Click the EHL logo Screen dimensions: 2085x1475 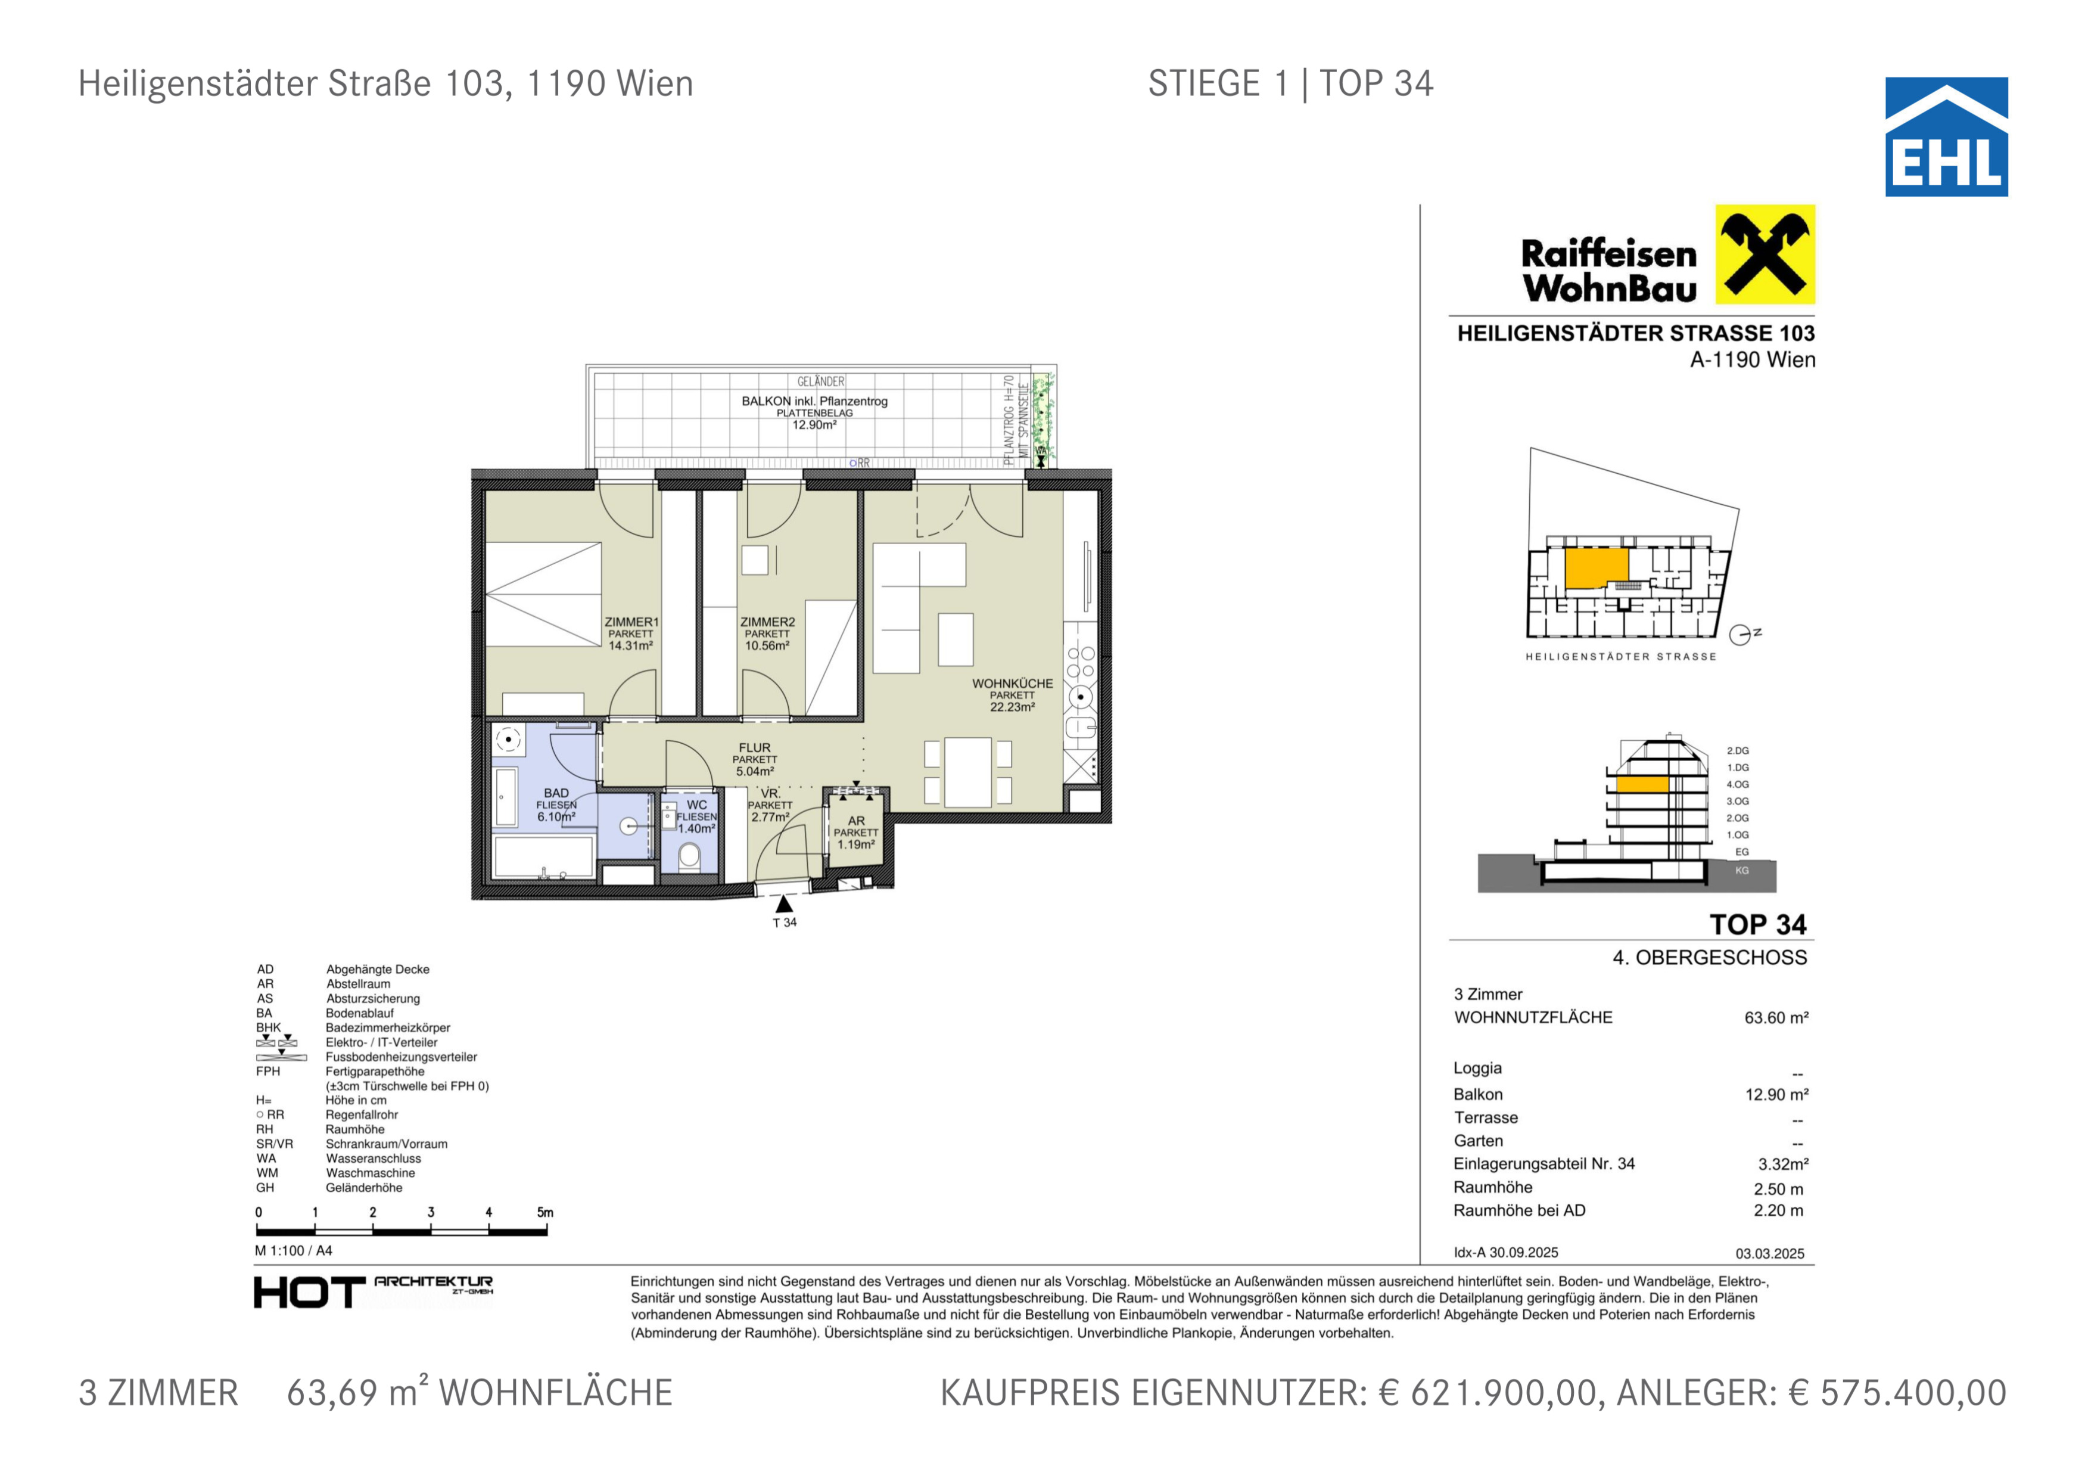click(1946, 136)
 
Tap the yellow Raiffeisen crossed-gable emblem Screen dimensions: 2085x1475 click(1765, 254)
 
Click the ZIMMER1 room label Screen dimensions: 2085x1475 click(631, 622)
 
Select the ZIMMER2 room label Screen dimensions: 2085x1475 click(767, 622)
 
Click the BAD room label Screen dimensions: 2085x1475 click(556, 793)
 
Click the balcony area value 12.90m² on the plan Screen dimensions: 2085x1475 click(814, 425)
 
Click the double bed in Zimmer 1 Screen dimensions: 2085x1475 click(544, 594)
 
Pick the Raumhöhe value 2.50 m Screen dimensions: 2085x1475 click(1779, 1189)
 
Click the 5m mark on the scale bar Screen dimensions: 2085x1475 click(545, 1213)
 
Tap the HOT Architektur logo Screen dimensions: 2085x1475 click(374, 1291)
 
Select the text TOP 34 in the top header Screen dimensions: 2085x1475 click(1377, 83)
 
